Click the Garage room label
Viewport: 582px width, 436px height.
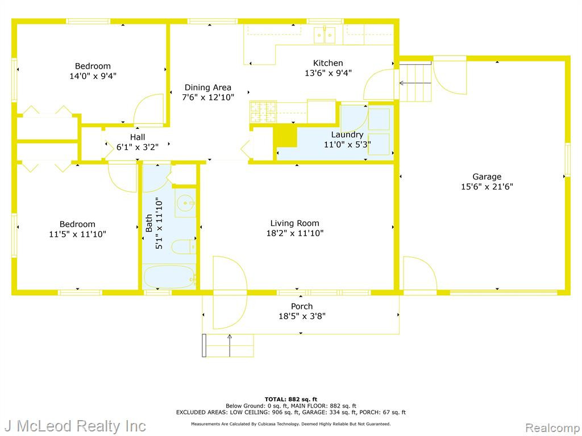click(x=487, y=177)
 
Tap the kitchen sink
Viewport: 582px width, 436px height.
click(x=325, y=35)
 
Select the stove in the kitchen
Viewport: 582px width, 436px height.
click(x=263, y=112)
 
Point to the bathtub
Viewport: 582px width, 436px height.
click(x=169, y=276)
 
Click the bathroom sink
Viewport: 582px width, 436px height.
click(x=185, y=203)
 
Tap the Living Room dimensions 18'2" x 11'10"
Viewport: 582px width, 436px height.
click(x=295, y=233)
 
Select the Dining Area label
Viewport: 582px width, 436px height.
click(x=208, y=87)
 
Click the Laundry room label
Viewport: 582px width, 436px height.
click(x=347, y=135)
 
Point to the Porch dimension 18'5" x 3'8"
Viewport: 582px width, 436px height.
click(x=302, y=316)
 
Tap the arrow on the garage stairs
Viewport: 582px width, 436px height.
click(x=415, y=83)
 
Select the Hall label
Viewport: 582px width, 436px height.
click(x=138, y=137)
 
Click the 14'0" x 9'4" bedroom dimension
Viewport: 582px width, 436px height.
click(x=93, y=76)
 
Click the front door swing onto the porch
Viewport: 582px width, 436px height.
click(x=230, y=292)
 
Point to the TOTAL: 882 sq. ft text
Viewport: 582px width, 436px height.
click(x=291, y=399)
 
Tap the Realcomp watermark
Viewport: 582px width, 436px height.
click(x=553, y=427)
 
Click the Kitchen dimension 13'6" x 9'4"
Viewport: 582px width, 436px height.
click(x=328, y=73)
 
